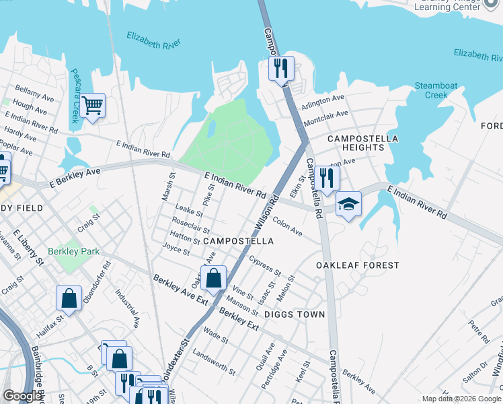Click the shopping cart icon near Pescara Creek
pos(92,106)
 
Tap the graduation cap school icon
pos(348,205)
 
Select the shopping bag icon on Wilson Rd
pos(213,278)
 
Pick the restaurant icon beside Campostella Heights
pos(327,178)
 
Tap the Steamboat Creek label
pos(432,90)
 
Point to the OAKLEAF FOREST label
pos(358,265)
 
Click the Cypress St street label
pos(264,265)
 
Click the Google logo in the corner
pos(22,397)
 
